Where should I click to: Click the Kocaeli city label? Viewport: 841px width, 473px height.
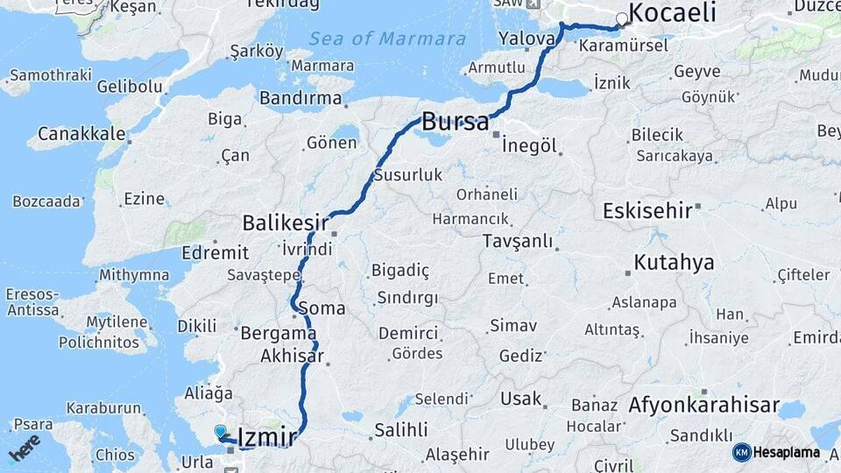672,13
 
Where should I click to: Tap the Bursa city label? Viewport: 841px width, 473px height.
455,123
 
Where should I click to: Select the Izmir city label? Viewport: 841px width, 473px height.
268,435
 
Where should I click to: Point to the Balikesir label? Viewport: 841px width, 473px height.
286,222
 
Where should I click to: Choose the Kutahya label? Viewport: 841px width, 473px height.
674,262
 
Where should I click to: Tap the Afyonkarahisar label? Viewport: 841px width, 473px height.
703,406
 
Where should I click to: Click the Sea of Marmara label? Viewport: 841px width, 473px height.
386,39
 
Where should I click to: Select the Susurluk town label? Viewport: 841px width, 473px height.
408,175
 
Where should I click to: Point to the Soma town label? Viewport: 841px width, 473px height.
322,308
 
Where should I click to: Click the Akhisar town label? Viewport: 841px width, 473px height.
292,357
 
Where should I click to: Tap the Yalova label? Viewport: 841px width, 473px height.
527,39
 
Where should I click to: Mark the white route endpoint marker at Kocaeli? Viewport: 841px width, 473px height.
622,18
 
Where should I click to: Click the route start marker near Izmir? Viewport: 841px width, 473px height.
220,430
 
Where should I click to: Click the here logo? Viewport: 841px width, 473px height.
25,447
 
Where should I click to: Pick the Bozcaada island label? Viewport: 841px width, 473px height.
46,201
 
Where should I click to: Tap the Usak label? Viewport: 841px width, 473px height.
520,399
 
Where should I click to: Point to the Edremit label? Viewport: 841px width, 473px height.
215,252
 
